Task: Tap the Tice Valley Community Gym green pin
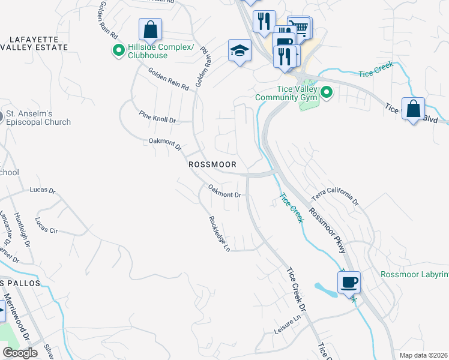pyautogui.click(x=327, y=92)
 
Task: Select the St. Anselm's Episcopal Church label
pyautogui.click(x=38, y=118)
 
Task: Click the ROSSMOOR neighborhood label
pyautogui.click(x=212, y=164)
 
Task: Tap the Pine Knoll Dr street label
pyautogui.click(x=157, y=116)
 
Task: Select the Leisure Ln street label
pyautogui.click(x=288, y=325)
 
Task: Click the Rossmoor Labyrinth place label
pyautogui.click(x=415, y=275)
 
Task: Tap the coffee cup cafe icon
pyautogui.click(x=349, y=281)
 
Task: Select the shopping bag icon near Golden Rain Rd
pyautogui.click(x=150, y=29)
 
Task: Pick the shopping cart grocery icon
pyautogui.click(x=300, y=26)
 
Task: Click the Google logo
pyautogui.click(x=20, y=353)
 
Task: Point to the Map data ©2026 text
pyautogui.click(x=423, y=355)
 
